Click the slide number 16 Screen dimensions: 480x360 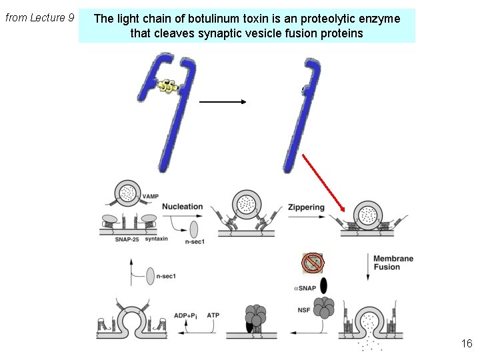pos(466,344)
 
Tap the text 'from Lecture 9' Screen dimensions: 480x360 pos(39,17)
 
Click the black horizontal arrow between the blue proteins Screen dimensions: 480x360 pos(223,102)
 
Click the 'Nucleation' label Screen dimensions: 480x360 pos(182,207)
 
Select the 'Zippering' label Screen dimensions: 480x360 pos(306,207)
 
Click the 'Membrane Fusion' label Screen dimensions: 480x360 pos(393,263)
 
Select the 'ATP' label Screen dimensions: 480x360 pos(213,315)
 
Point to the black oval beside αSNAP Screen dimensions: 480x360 pos(324,285)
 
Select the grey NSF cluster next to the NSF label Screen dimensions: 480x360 pos(326,308)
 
